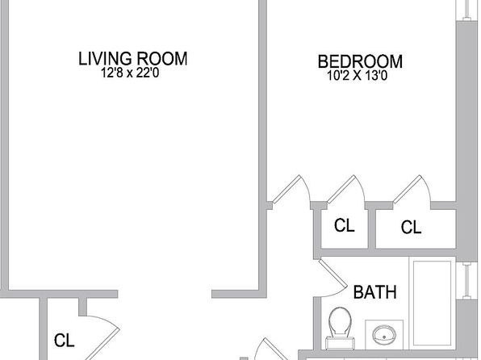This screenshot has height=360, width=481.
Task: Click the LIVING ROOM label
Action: [x=133, y=59]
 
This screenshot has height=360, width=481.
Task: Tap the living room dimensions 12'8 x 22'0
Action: [x=130, y=73]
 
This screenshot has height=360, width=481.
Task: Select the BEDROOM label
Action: [x=360, y=61]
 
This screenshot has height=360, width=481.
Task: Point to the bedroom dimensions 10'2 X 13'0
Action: [x=358, y=76]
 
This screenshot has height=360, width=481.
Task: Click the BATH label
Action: [x=374, y=292]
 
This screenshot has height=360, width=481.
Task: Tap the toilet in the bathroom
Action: [x=340, y=328]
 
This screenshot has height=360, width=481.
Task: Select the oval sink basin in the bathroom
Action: [x=384, y=335]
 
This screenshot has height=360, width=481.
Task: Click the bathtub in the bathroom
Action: [x=433, y=303]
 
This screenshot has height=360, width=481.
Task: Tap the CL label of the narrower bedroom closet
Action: [x=344, y=225]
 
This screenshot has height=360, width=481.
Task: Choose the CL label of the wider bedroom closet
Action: [x=411, y=228]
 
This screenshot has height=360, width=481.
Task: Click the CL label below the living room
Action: [x=64, y=341]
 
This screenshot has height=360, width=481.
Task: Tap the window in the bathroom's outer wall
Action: [x=467, y=281]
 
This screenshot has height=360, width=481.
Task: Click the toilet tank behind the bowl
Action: [x=341, y=343]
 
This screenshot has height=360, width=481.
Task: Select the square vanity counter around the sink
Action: [x=384, y=335]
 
